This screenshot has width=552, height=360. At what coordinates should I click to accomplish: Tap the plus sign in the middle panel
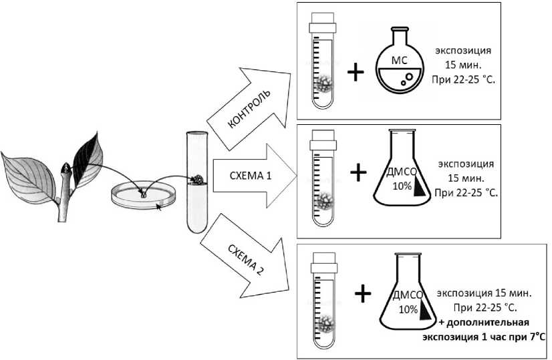[359, 173]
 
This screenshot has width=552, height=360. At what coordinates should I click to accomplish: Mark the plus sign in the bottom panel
[363, 292]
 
